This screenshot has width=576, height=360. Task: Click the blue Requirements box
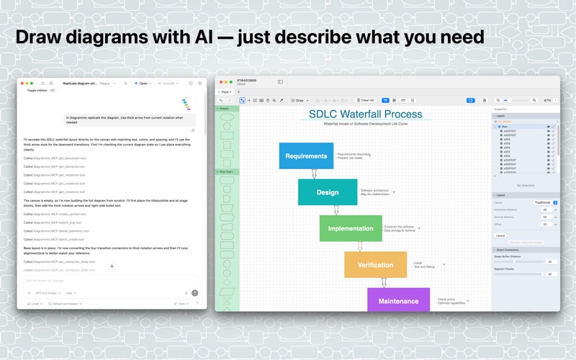[306, 156]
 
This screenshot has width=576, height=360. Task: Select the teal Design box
[328, 192]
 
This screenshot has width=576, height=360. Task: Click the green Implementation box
[351, 228]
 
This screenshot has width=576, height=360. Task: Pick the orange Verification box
[375, 265]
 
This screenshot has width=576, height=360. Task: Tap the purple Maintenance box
[398, 301]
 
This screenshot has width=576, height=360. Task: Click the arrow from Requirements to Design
[314, 174]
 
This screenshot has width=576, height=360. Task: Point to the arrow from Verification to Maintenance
[384, 282]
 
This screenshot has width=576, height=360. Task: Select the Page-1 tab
[226, 92]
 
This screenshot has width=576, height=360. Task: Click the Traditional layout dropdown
[544, 202]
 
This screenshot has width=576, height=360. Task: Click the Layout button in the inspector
[500, 235]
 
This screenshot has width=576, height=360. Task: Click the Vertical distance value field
[545, 217]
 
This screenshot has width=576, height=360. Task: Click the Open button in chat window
[143, 84]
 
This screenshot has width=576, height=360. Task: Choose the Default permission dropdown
[65, 304]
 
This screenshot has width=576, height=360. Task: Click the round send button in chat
[194, 293]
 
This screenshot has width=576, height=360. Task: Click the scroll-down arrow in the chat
[112, 266]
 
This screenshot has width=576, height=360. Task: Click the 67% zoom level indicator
[547, 100]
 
